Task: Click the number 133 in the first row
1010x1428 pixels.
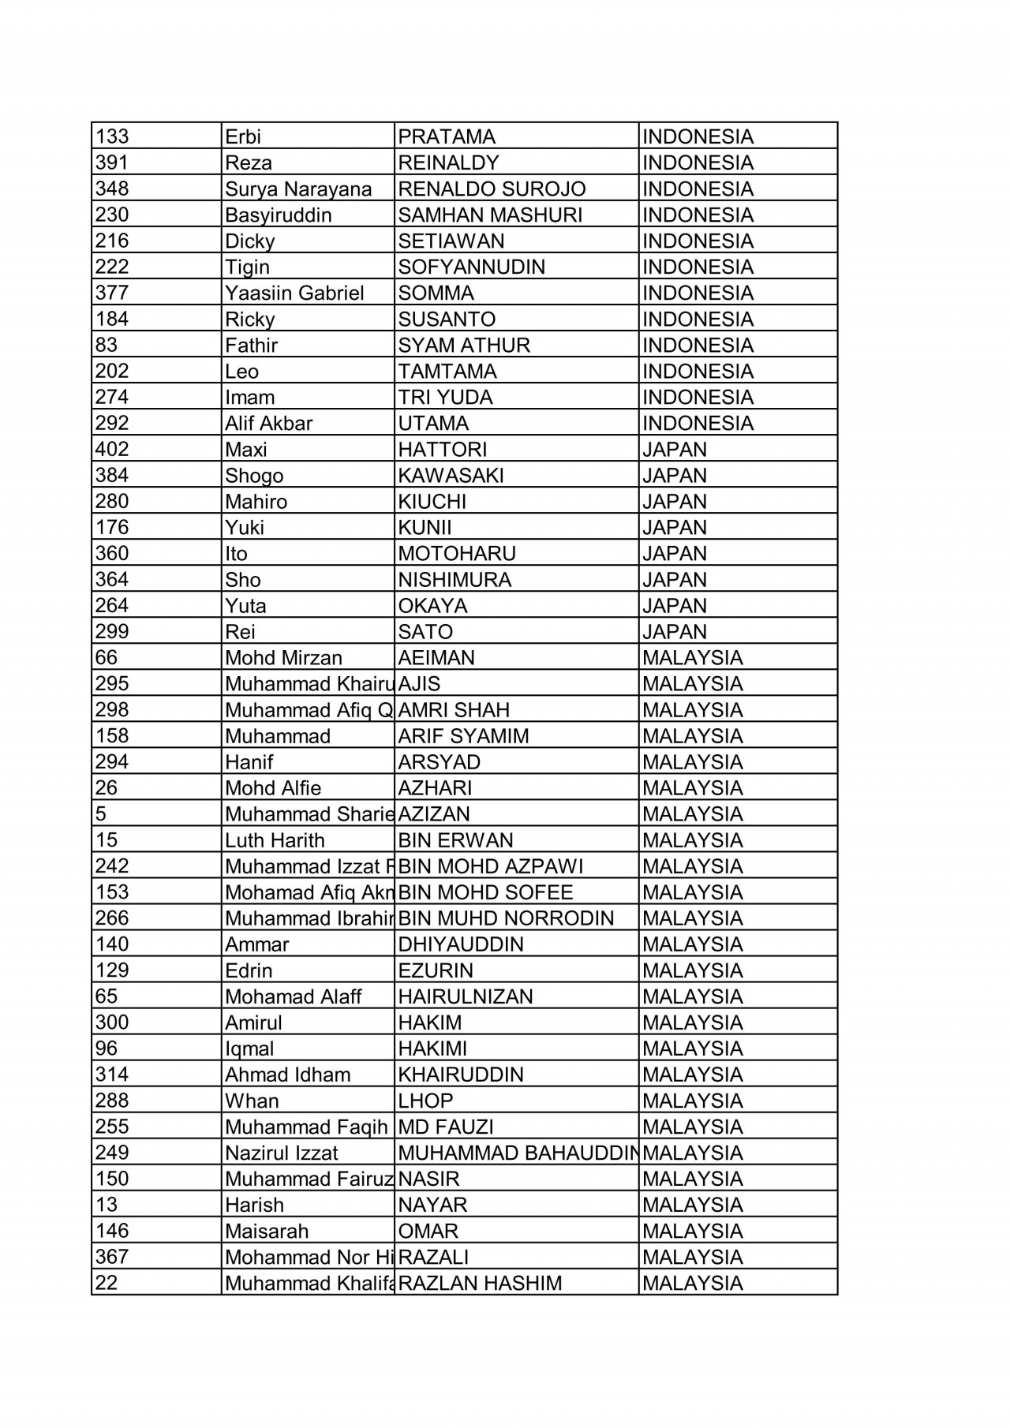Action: [112, 136]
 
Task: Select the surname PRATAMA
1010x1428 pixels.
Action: [447, 136]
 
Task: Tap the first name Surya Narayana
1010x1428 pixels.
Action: [298, 189]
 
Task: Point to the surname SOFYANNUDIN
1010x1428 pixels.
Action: [471, 267]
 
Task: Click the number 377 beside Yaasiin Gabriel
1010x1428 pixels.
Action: [112, 293]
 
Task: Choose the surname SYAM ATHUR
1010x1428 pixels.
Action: [464, 345]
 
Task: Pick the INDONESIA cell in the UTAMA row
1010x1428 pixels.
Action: [698, 423]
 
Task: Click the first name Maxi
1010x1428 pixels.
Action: [246, 450]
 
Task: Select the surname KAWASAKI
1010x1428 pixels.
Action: [451, 475]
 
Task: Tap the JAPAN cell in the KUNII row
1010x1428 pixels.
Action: [675, 527]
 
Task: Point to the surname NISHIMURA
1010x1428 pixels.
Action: [454, 580]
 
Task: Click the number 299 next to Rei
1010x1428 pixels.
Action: [112, 631]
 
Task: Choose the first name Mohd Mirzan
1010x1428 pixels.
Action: [283, 658]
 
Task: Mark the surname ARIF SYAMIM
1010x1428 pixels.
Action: [463, 736]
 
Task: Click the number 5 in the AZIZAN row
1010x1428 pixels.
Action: [101, 813]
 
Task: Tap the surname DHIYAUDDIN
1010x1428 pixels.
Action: [461, 944]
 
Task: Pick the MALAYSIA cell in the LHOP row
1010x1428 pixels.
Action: [692, 1101]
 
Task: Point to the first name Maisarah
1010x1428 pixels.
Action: [267, 1231]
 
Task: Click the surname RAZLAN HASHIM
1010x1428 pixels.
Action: [480, 1283]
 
